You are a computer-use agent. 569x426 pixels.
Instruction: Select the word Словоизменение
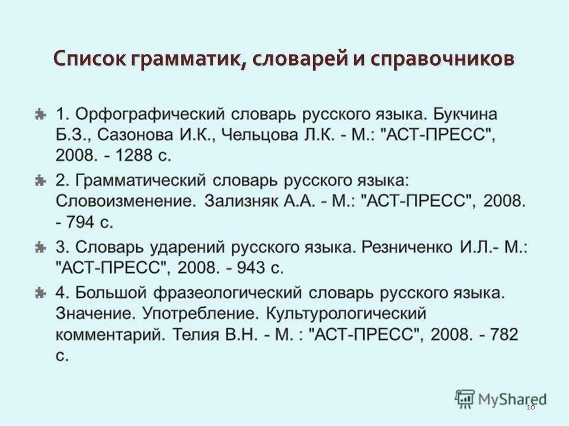pos(125,201)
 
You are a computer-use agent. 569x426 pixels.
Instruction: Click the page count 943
pos(251,267)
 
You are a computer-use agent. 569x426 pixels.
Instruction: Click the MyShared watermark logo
pos(501,399)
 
